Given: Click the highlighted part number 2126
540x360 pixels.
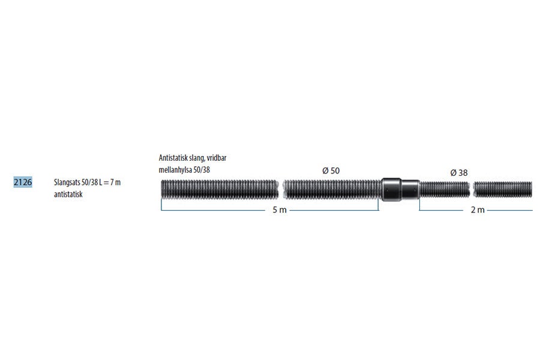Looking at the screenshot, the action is coord(23,182).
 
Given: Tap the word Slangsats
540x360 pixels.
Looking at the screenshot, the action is coord(67,182).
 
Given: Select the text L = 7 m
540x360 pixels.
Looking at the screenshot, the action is coord(110,182).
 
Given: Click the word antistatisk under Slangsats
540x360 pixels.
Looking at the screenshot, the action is coord(68,194).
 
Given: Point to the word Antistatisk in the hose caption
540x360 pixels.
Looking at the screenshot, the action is coord(173,158).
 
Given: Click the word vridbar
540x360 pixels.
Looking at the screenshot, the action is coord(217,158).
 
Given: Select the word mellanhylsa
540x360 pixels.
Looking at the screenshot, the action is coord(175,170).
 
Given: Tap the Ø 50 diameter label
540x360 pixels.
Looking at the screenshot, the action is coord(331,170).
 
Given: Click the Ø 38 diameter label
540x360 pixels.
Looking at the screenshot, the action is coord(459,173).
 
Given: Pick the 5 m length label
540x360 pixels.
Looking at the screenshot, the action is coord(280,210).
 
